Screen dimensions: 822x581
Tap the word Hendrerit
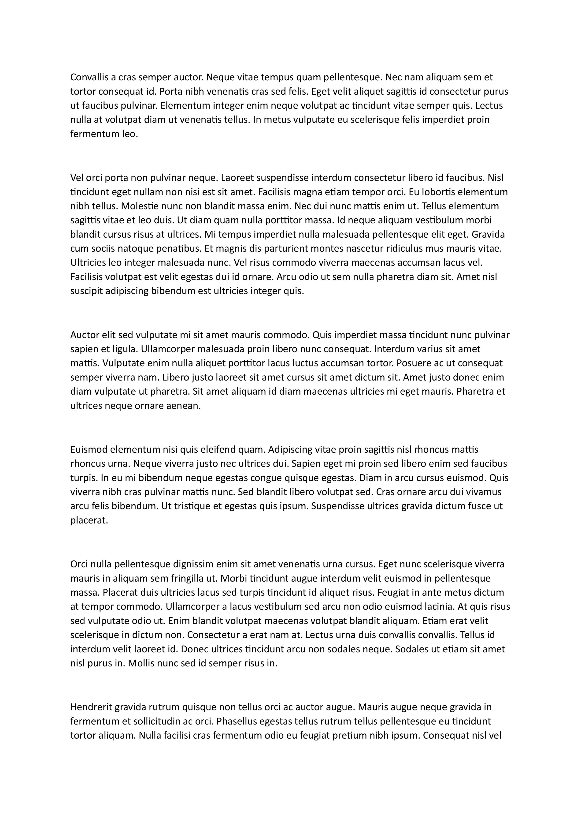point(91,707)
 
